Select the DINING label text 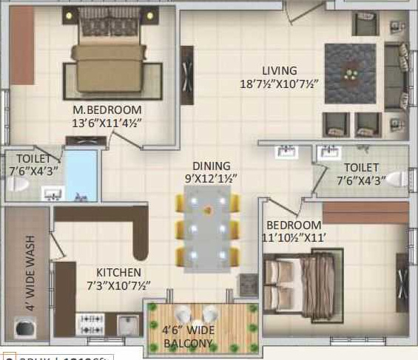coord(212,166)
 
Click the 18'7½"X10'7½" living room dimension coord(279,84)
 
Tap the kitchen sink coord(129,324)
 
